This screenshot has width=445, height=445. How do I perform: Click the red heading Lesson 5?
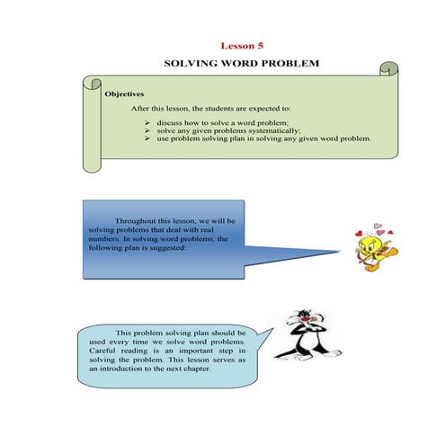tap(242, 44)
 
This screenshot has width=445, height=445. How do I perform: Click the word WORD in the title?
tap(238, 66)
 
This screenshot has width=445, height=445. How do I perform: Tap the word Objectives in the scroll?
tap(124, 93)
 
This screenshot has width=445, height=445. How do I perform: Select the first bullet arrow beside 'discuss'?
tap(148, 120)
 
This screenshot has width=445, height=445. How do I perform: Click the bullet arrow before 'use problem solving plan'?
tap(148, 139)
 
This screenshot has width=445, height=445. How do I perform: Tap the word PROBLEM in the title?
tap(288, 66)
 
